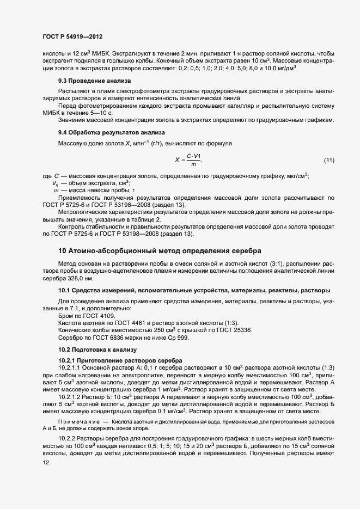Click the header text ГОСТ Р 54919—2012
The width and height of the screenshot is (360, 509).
coord(72,36)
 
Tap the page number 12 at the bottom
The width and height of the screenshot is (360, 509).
coord(46,463)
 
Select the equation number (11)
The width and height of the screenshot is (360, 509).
coord(329,160)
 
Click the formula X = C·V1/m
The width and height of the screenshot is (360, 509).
coord(189,160)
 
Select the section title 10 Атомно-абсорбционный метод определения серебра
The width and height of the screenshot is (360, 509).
coord(160,250)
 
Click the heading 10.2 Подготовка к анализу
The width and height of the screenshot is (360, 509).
coord(97,349)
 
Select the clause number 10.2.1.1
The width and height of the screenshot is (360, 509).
coord(72,368)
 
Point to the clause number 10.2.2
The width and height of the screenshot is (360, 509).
coord(68,439)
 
